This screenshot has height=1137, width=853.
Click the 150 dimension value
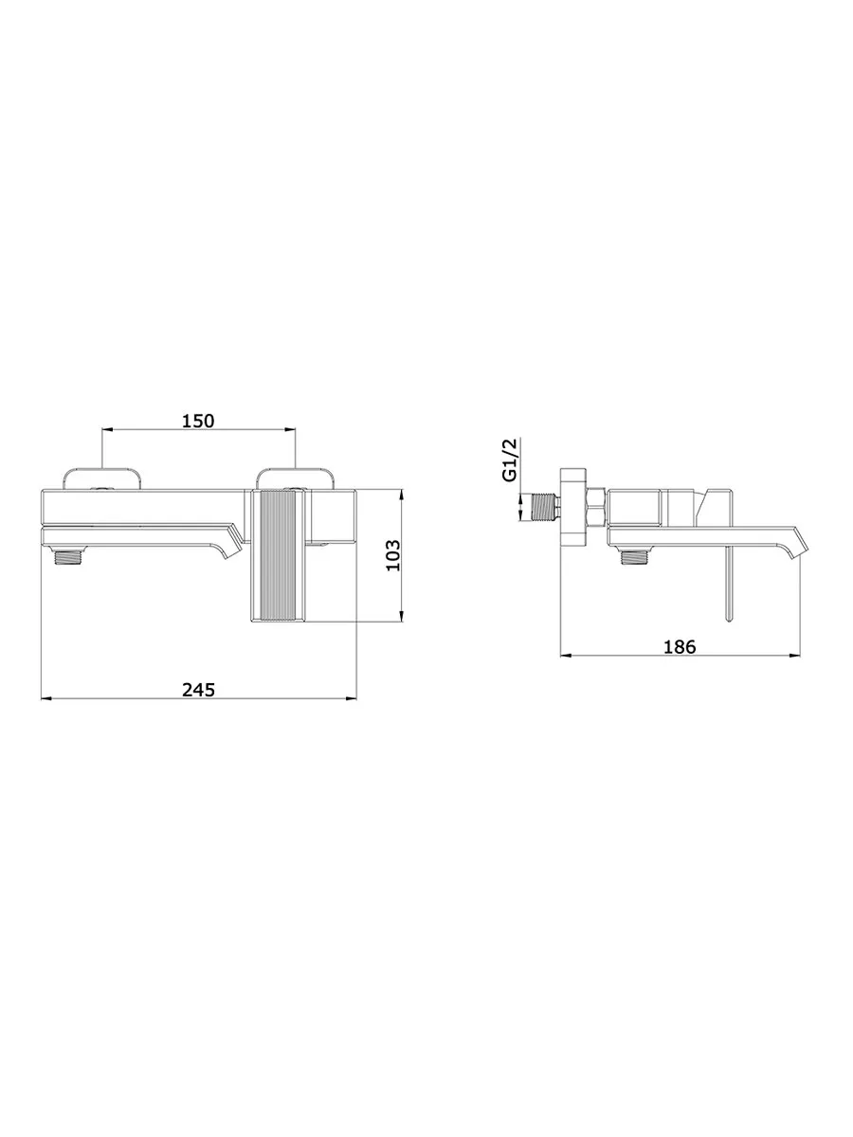(x=197, y=421)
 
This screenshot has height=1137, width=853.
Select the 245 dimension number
(x=198, y=690)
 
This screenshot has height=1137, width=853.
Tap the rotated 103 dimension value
(x=393, y=555)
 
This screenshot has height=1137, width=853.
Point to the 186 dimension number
(x=680, y=646)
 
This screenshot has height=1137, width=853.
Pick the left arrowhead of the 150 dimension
(x=105, y=429)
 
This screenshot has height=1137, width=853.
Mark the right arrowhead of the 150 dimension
(x=291, y=429)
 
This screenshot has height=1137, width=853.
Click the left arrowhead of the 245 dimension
(x=46, y=698)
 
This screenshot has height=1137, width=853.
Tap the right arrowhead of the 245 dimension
(x=352, y=698)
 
